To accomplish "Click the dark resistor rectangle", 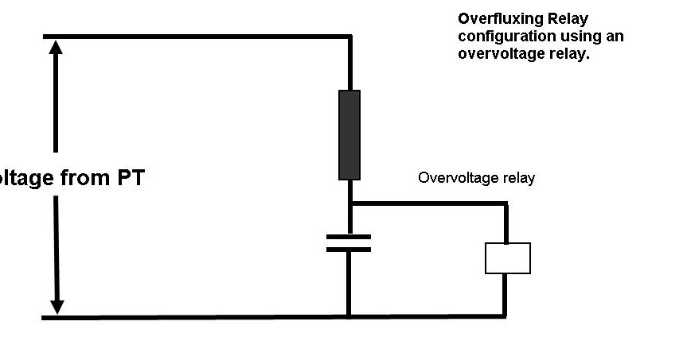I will [349, 134].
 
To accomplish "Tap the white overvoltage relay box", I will [507, 258].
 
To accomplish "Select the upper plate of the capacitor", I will [349, 236].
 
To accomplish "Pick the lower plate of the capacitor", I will [349, 249].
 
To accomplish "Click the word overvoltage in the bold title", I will [494, 55].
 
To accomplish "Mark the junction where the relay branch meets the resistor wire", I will [349, 203].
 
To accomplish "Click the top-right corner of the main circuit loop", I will [349, 37].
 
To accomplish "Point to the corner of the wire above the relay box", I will [505, 204].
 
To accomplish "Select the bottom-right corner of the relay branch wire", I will [505, 315].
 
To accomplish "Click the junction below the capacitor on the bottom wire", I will [349, 316].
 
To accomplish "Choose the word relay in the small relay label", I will [518, 178].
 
